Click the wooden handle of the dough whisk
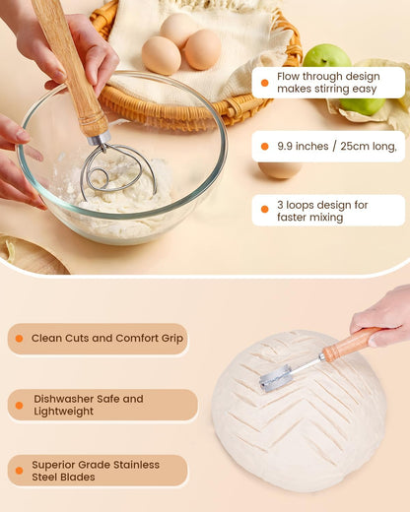(x=71, y=67)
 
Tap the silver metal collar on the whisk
(x=100, y=139)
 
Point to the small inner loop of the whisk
(x=100, y=176)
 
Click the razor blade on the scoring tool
(x=276, y=378)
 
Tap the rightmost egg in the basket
(x=203, y=49)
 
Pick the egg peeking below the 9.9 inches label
(x=280, y=170)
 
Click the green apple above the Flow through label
(x=326, y=56)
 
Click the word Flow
(x=288, y=76)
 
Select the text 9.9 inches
(x=303, y=146)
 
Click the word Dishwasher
(x=63, y=399)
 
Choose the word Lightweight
(x=63, y=412)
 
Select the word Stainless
(x=136, y=465)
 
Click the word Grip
(x=171, y=339)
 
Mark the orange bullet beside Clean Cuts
(x=19, y=339)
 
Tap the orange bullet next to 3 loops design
(x=264, y=210)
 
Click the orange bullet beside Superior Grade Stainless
(x=19, y=471)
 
